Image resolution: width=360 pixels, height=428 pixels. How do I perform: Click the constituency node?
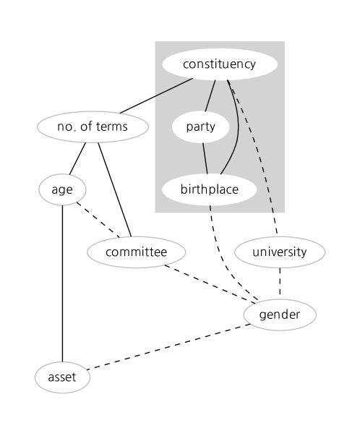[x=219, y=64]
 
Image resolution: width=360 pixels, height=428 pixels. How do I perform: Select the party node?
[x=200, y=127]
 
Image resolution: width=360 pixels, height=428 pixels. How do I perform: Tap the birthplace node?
[x=210, y=190]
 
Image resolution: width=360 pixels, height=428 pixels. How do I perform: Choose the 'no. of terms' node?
[x=93, y=127]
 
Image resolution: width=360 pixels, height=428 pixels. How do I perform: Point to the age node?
[x=63, y=190]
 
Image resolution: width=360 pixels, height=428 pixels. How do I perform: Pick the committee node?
[x=136, y=252]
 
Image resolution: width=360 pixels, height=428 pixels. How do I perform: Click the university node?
[x=280, y=252]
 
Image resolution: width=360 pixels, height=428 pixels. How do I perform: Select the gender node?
[x=280, y=314]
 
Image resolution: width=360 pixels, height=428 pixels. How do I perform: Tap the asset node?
[x=63, y=377]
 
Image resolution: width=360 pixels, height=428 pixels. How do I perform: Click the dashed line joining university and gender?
[x=280, y=283]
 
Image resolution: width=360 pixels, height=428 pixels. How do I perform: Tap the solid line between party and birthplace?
[x=205, y=158]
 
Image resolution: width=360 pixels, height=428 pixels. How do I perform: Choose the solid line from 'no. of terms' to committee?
[x=113, y=189]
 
